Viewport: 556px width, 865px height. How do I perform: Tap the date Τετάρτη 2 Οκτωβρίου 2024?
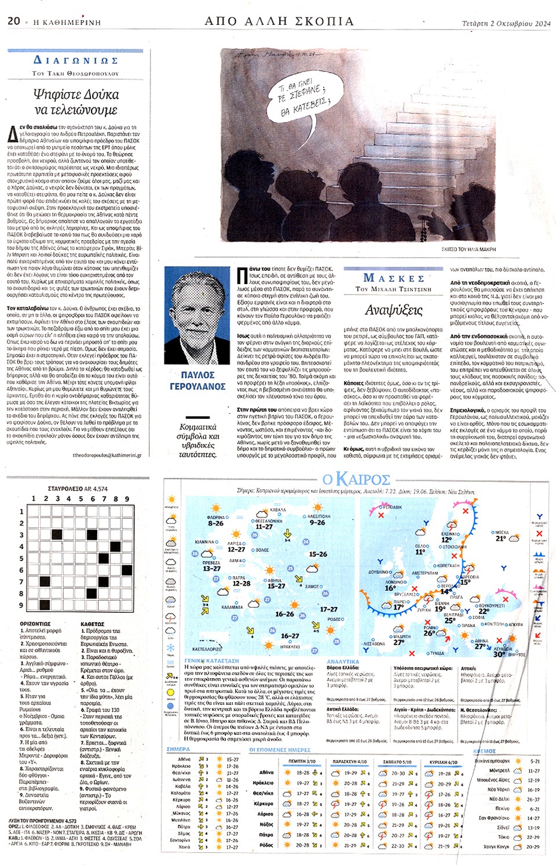pos(506,24)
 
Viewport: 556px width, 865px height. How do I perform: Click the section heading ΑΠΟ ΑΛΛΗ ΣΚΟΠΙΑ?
pos(279,21)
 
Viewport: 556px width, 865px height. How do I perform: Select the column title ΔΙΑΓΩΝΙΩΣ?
pos(76,60)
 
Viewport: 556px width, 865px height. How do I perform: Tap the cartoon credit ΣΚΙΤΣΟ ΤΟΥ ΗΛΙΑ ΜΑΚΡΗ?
pos(469,249)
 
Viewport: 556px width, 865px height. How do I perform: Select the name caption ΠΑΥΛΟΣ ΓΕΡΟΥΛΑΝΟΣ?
pos(197,381)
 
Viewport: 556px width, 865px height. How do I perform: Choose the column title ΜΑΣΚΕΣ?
pos(394,278)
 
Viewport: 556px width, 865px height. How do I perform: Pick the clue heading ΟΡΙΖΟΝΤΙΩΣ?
pos(35,624)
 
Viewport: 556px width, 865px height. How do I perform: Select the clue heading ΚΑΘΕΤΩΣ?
pos(93,624)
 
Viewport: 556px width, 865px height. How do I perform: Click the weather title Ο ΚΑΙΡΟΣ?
pos(356,480)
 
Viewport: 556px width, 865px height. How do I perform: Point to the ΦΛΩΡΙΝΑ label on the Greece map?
pos(215,517)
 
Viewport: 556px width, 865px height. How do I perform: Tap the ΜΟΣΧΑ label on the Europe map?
pos(501,532)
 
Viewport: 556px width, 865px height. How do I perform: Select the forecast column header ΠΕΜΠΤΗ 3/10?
pos(302,761)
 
